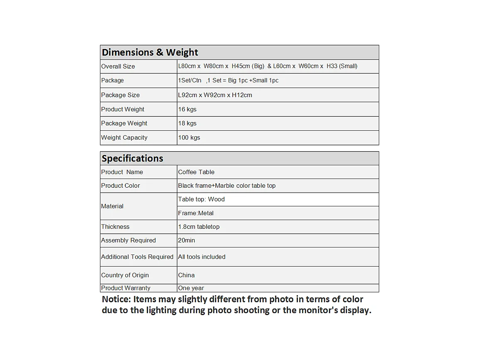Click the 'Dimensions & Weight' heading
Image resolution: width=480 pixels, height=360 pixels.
click(150, 52)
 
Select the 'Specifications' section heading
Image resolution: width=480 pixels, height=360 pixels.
click(132, 159)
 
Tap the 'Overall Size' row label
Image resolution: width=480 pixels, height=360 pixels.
click(118, 66)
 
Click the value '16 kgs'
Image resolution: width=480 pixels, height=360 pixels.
click(187, 109)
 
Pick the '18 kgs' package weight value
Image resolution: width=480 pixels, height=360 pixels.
click(187, 123)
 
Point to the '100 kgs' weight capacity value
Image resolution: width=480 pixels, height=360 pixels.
click(189, 137)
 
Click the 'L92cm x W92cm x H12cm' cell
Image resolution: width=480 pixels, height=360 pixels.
click(215, 95)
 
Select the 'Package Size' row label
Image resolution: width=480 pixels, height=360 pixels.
click(120, 95)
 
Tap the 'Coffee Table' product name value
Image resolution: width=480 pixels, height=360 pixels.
click(196, 172)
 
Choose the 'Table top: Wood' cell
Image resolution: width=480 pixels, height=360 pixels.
click(201, 199)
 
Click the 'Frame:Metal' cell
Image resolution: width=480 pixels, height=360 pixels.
click(196, 213)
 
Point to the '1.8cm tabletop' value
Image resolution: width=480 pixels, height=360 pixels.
click(199, 227)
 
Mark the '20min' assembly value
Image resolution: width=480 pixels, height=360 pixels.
click(186, 240)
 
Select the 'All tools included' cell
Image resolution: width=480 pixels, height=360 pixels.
click(202, 257)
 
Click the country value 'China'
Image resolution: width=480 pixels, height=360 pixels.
click(186, 275)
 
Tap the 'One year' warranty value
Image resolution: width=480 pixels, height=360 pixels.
click(191, 288)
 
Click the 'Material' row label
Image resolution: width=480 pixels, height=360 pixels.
click(112, 206)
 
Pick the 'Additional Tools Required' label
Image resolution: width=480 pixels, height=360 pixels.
click(137, 257)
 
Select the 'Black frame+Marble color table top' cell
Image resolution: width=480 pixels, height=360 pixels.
click(227, 186)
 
